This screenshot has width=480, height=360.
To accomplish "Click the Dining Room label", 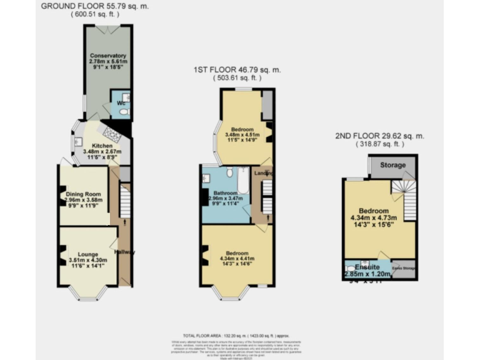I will [x=83, y=194].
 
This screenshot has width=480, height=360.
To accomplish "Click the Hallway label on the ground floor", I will [x=124, y=252].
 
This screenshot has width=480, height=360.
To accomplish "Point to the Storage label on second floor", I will [x=392, y=165].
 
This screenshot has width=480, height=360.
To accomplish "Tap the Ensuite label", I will [x=363, y=267].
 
